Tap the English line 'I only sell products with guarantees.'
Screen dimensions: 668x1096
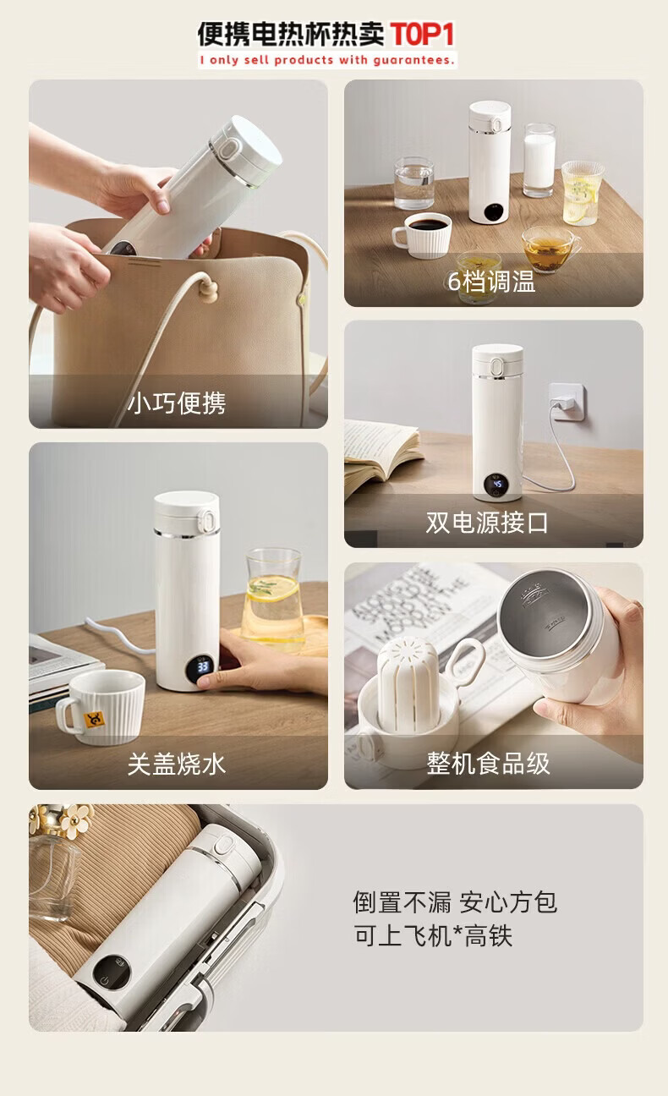327,60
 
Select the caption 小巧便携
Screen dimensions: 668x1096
177,403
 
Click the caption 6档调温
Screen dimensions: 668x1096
492,282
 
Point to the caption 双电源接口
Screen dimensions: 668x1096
487,523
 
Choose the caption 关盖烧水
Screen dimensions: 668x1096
177,764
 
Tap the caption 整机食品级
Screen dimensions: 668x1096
489,763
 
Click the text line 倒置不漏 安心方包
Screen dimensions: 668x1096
455,901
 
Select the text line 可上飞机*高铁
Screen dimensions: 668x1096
433,936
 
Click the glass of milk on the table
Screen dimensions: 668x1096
539,160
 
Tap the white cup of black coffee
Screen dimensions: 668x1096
422,235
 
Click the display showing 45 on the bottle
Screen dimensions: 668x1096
497,485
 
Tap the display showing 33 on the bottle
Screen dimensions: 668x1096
203,666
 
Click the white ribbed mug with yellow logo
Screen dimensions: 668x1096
101,706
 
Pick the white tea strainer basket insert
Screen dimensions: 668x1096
403,684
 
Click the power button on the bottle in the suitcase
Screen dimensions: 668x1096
103,980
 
